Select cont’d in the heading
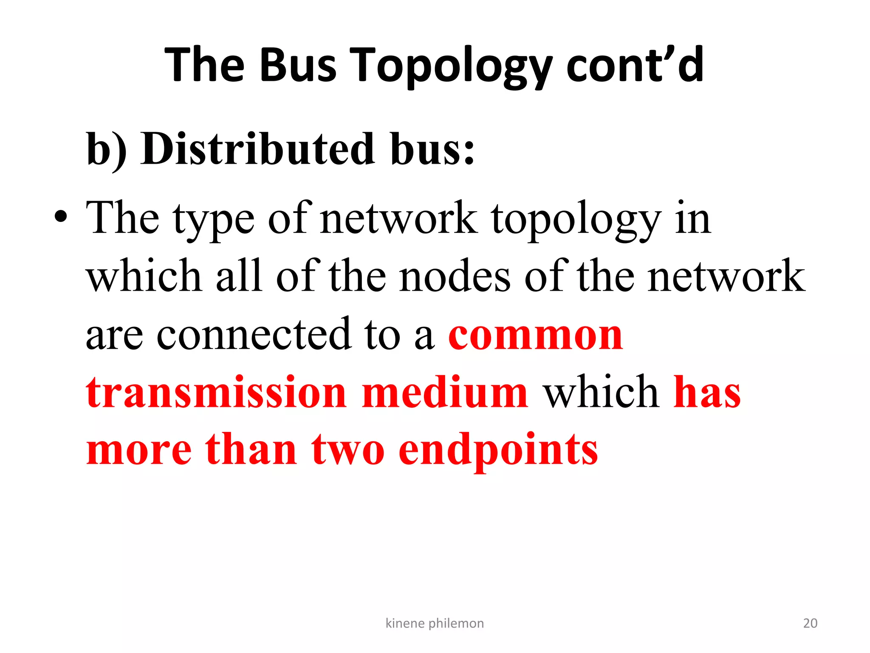[x=635, y=65]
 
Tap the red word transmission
[x=216, y=392]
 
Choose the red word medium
[x=445, y=392]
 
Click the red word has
[x=707, y=392]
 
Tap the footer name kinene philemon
[x=435, y=623]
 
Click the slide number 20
[x=810, y=623]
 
